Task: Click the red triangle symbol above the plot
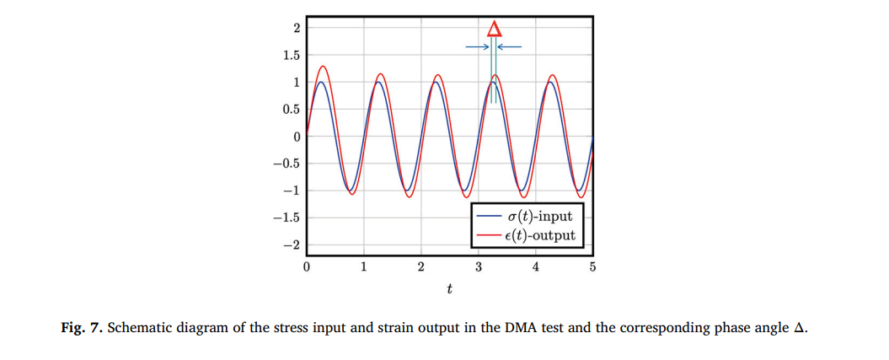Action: (495, 28)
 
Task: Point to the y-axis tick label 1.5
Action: (291, 56)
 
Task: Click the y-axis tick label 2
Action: (296, 29)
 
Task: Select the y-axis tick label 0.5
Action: (291, 110)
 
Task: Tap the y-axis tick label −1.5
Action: (287, 218)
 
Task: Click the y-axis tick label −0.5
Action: (287, 164)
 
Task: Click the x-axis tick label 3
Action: (478, 268)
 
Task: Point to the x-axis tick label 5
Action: (592, 268)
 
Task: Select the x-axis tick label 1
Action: (363, 268)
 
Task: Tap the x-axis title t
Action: (449, 290)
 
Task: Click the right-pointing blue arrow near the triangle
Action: (478, 46)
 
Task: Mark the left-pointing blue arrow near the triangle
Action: (511, 46)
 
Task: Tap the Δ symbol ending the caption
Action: (801, 328)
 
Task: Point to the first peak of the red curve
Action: (323, 66)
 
